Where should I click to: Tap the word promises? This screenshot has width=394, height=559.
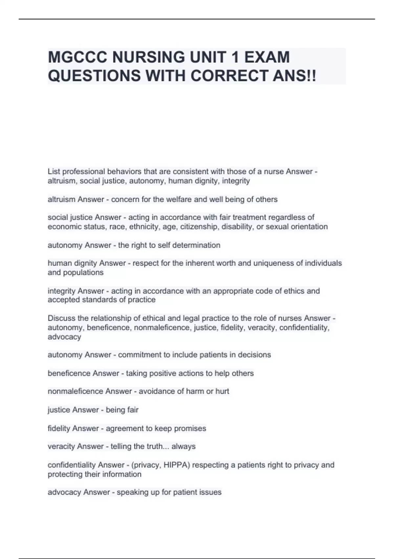click(x=190, y=428)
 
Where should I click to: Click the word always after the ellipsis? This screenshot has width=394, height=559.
click(x=184, y=447)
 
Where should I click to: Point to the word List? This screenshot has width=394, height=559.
click(x=54, y=171)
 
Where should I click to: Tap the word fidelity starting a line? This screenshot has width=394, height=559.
click(x=59, y=428)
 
